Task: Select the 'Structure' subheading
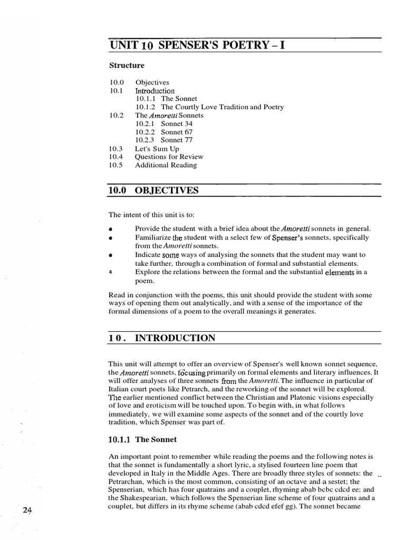pyautogui.click(x=127, y=65)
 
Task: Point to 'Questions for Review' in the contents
pyautogui.click(x=169, y=157)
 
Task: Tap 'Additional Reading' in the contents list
pyautogui.click(x=166, y=165)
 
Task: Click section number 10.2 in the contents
pyautogui.click(x=117, y=115)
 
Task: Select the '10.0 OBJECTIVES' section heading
pyautogui.click(x=153, y=190)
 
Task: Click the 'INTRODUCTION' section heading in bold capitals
pyautogui.click(x=175, y=338)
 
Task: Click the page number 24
pyautogui.click(x=28, y=510)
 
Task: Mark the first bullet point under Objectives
pyautogui.click(x=111, y=230)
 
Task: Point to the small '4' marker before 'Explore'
pyautogui.click(x=111, y=272)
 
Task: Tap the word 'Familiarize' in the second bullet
pyautogui.click(x=153, y=238)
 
